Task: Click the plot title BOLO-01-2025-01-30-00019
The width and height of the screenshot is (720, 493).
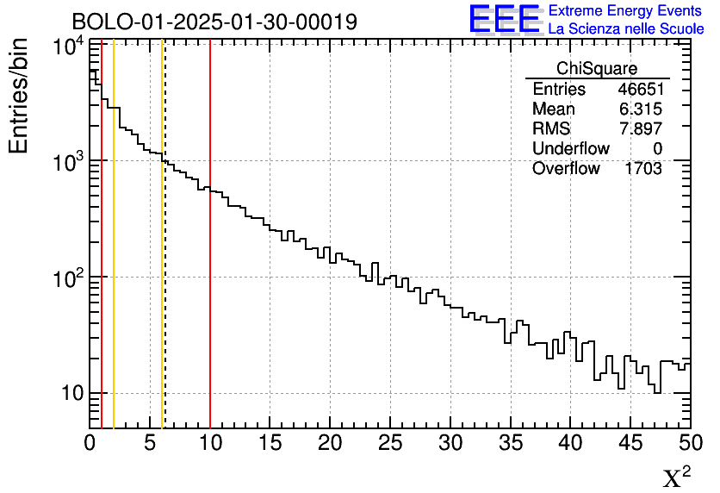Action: [x=214, y=22]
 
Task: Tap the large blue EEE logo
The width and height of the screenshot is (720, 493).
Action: [x=505, y=18]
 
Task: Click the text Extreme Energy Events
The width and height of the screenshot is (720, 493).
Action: [x=626, y=11]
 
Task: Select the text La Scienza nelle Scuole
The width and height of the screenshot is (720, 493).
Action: [x=626, y=28]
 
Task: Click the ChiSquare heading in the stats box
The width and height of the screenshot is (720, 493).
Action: [x=597, y=69]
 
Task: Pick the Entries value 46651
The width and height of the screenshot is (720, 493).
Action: [x=639, y=90]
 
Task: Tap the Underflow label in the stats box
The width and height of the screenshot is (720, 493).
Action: [x=570, y=149]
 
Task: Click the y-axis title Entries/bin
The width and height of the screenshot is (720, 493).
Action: [x=19, y=96]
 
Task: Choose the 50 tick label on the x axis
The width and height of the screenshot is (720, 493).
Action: [x=689, y=444]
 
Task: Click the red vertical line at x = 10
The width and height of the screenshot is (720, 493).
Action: [x=210, y=302]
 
